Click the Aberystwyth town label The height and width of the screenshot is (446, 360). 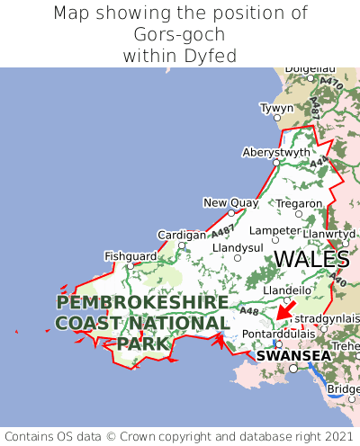coord(275,153)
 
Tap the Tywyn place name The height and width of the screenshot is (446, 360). coord(276,108)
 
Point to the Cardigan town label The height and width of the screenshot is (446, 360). coord(181,235)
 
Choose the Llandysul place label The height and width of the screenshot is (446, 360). coord(237,247)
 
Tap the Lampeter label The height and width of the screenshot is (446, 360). coord(274,230)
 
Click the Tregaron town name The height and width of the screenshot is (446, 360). coord(299,203)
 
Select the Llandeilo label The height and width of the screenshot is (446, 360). coord(287,290)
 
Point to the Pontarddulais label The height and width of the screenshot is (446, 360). coord(278,333)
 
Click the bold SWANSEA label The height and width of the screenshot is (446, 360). coord(293,356)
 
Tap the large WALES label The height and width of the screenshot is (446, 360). coord(311,259)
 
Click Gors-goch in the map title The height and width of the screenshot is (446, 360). coord(180,34)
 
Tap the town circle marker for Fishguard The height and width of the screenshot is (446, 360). coord(130,266)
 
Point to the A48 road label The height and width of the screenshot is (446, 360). coord(249,311)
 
